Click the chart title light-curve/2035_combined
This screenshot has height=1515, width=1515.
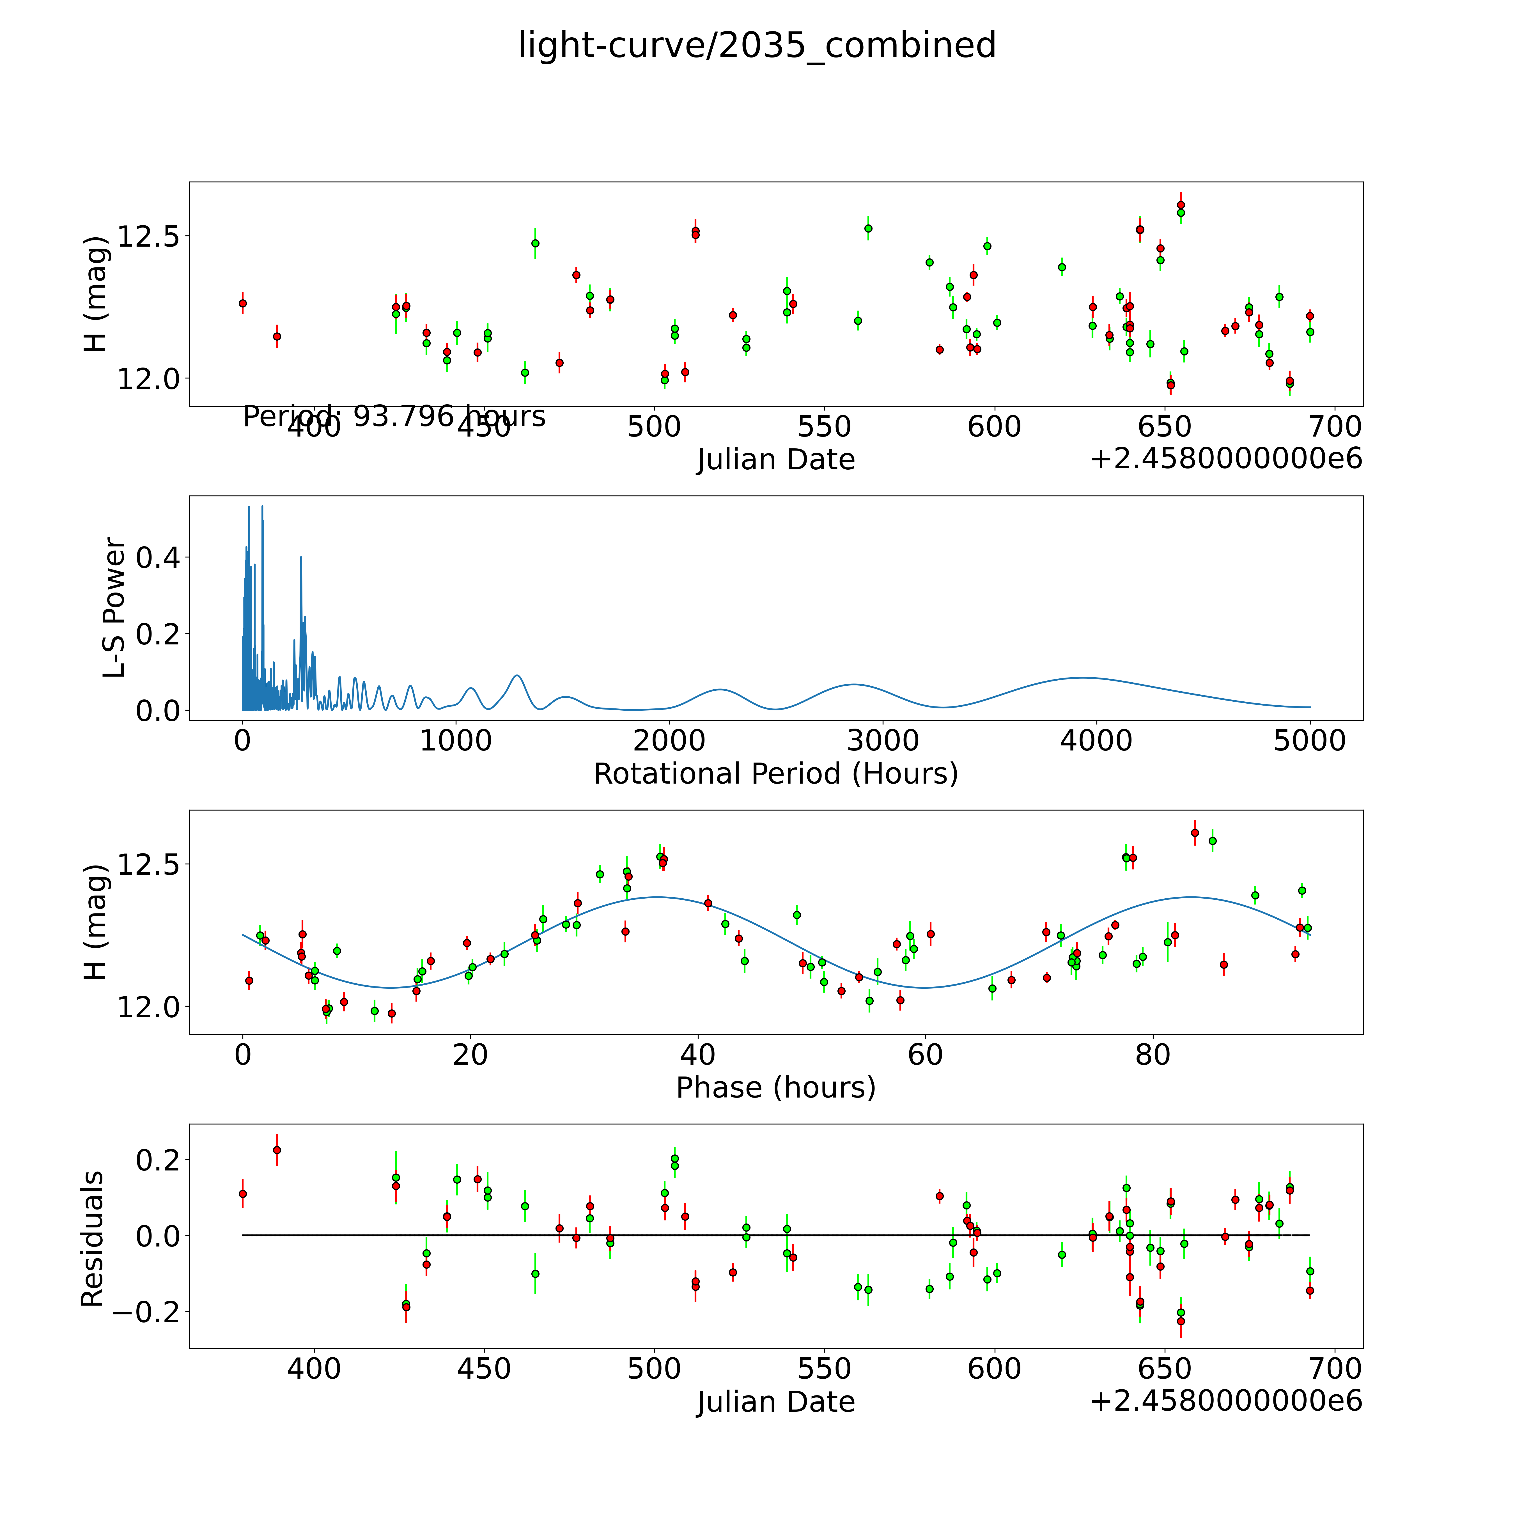[x=757, y=45]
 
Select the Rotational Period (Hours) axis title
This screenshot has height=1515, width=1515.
[x=775, y=774]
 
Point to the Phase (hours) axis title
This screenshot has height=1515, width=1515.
[x=775, y=1088]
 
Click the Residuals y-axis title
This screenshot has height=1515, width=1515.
[x=93, y=1239]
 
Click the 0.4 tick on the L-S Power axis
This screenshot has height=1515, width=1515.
[x=159, y=558]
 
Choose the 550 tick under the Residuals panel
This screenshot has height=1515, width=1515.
[x=824, y=1369]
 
